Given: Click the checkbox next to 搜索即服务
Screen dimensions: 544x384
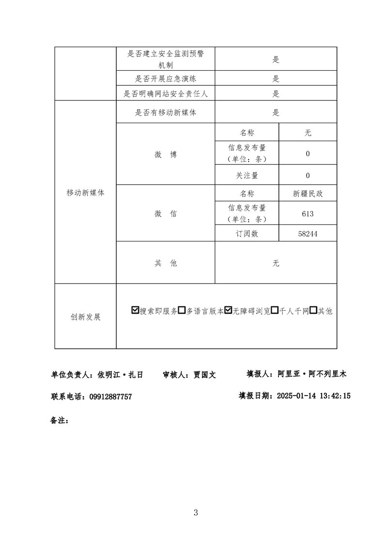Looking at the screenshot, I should [135, 311].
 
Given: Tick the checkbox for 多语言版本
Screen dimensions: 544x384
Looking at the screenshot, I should [182, 311].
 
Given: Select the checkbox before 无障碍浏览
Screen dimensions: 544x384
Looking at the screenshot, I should [229, 311].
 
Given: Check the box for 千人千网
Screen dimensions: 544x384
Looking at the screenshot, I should [275, 311].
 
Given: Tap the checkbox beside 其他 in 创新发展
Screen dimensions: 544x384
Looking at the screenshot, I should [313, 311].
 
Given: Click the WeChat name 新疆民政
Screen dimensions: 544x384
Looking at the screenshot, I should [307, 193].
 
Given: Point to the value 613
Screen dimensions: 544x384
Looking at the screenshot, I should [307, 214].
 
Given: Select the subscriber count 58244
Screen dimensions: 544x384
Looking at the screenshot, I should [307, 234].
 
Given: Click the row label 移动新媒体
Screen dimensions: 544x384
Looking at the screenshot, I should [85, 192].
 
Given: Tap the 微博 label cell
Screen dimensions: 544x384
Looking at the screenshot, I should [166, 155].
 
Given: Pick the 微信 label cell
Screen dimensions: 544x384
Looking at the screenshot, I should [166, 213].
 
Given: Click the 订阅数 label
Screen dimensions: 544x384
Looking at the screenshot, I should [247, 234].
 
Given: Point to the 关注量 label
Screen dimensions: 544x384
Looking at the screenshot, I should [247, 176].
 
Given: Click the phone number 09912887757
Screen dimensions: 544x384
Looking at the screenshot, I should [110, 397].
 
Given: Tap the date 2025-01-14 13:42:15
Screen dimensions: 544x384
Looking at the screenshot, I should [313, 396].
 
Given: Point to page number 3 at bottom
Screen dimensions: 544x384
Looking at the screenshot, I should [196, 512].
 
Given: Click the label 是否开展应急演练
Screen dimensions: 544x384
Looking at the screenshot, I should [166, 79].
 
